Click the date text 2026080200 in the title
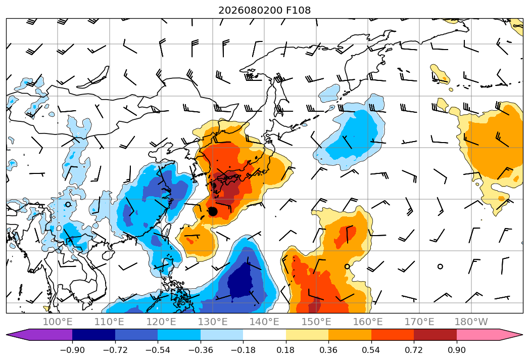250,10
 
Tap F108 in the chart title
298,10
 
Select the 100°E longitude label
58,322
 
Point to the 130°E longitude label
213,322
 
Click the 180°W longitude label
471,322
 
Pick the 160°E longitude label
368,322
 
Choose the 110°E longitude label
109,322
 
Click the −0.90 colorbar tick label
72,350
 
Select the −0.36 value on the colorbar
201,350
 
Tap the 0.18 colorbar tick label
286,350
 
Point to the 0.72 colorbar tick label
414,350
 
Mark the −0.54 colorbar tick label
158,350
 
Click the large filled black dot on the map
213,211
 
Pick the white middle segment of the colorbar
265,335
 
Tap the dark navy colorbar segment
93,335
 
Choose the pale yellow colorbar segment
307,335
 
